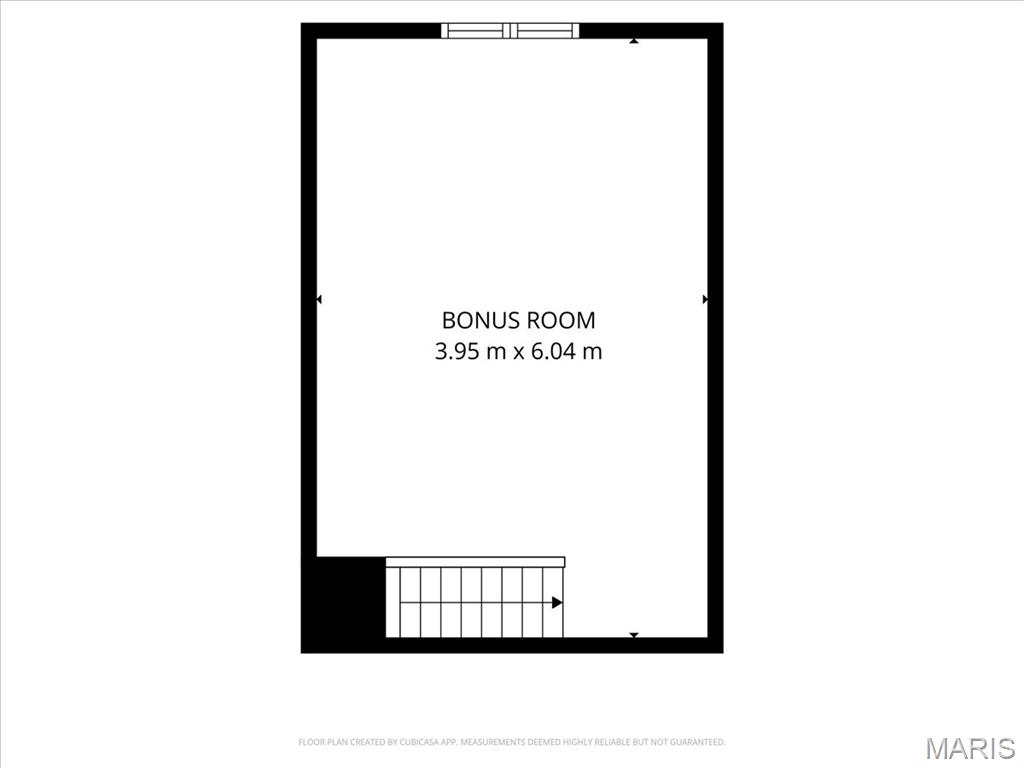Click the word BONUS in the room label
pos(481,321)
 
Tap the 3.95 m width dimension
pos(470,351)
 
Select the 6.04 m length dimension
pos(567,351)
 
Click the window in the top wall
pos(510,31)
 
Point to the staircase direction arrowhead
pos(557,602)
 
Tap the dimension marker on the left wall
pos(319,299)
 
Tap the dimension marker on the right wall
pos(705,299)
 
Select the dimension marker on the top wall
pos(633,41)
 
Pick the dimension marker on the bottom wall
pos(633,635)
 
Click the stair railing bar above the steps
pos(475,562)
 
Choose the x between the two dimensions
pos(519,353)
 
